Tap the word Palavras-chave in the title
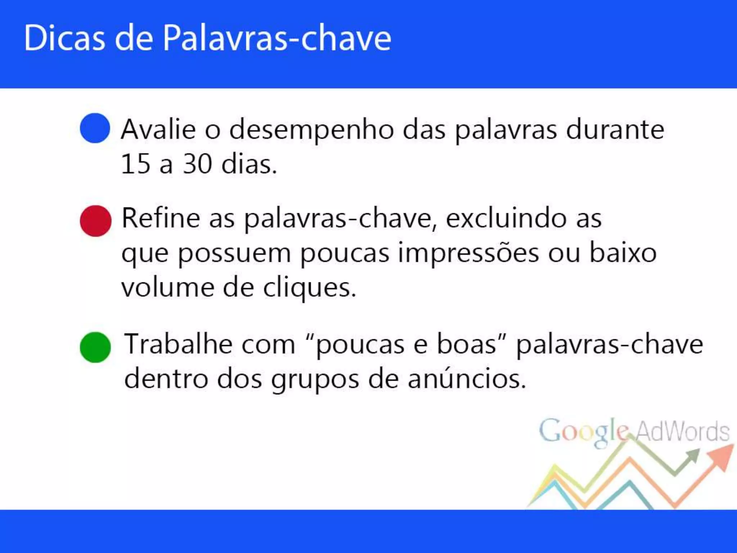[x=276, y=39]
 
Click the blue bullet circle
[x=95, y=128]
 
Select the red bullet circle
[x=95, y=221]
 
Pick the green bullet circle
[x=95, y=347]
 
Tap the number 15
[x=135, y=164]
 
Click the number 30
[x=197, y=164]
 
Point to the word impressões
[x=469, y=254]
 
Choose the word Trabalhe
[x=178, y=345]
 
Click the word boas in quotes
[x=467, y=345]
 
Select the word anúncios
[x=467, y=379]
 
